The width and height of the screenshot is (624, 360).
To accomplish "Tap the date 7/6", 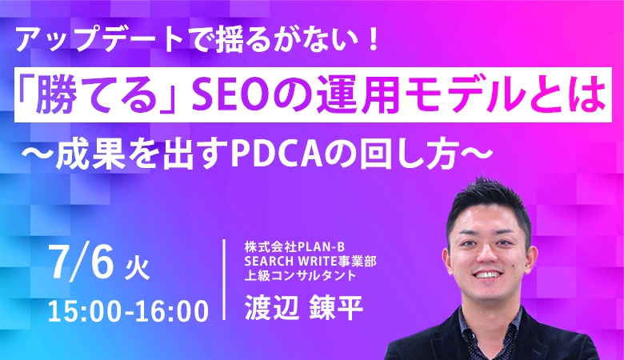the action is coord(82,262).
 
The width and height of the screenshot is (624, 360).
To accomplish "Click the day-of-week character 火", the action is coord(137,269).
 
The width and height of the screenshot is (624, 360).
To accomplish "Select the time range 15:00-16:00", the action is coord(128,310).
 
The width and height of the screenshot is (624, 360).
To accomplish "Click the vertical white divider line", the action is coord(225,279).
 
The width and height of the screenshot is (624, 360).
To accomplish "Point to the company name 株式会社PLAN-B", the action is coord(294,247).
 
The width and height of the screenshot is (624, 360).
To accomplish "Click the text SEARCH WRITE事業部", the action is coord(310,262).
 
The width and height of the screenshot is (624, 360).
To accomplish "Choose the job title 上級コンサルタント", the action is coord(300,275).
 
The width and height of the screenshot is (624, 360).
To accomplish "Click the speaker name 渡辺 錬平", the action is coord(304,307).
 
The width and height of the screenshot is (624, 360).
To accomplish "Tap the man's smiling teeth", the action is coord(488,275).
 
